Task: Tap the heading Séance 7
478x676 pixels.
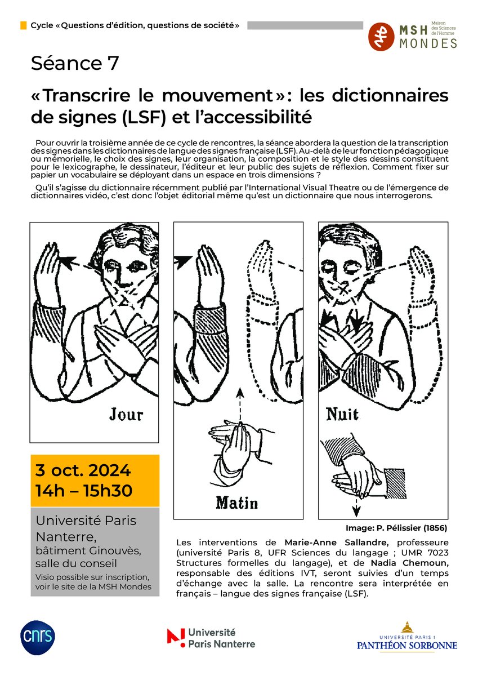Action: tap(75, 64)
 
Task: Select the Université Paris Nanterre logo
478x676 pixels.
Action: tap(211, 638)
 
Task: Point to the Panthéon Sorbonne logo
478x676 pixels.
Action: tap(406, 637)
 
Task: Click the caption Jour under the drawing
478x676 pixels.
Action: tap(126, 415)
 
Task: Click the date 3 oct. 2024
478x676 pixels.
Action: tap(83, 470)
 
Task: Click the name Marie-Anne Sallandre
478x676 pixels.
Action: tap(336, 542)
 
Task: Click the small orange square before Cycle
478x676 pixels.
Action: tap(23, 26)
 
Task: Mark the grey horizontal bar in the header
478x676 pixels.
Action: tap(305, 25)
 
